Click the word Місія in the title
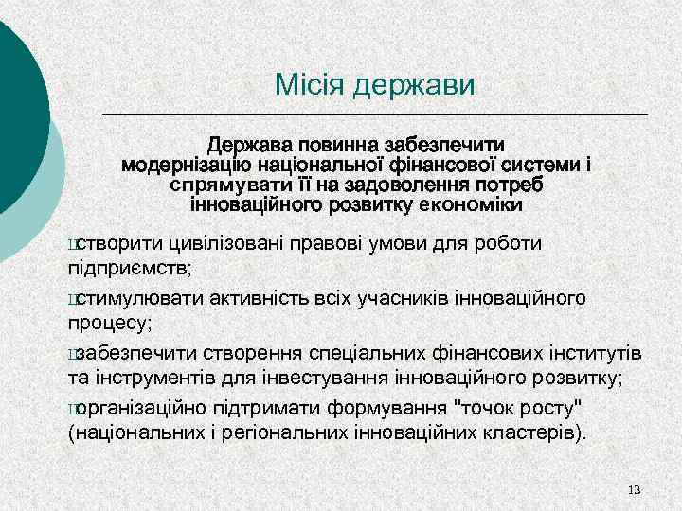click(310, 86)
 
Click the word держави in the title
click(414, 86)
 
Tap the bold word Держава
click(252, 145)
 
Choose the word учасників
click(449, 298)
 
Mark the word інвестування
click(337, 379)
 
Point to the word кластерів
click(529, 433)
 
